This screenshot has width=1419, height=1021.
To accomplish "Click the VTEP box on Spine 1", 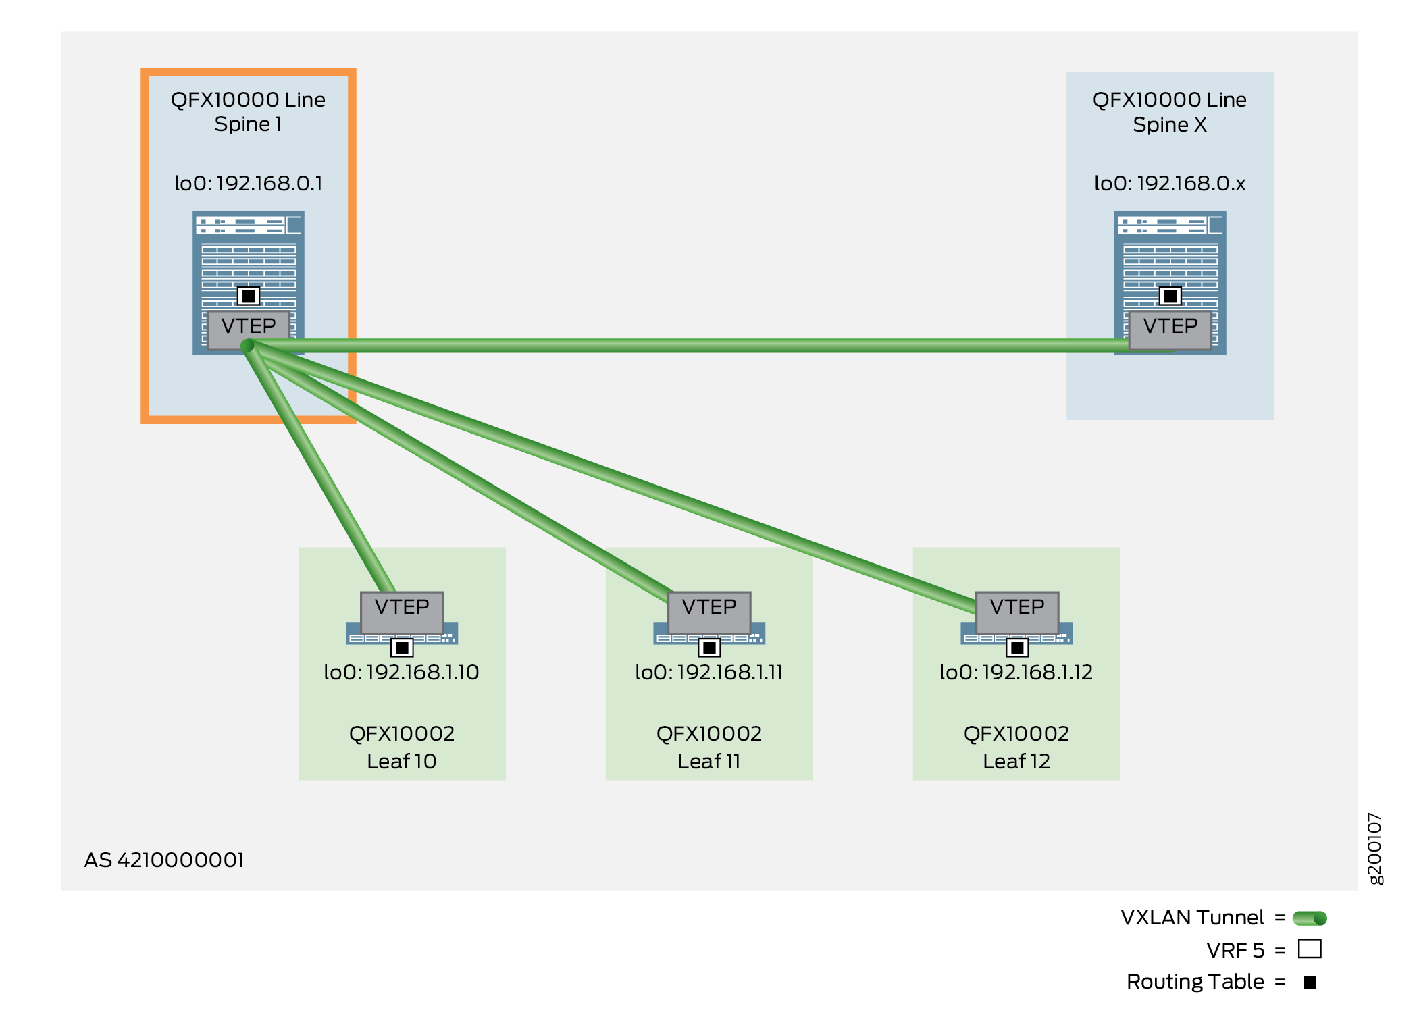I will [x=249, y=327].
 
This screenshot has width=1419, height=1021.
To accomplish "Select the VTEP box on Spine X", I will [x=1170, y=328].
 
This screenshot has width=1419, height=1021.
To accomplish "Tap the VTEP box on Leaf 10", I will [x=402, y=608].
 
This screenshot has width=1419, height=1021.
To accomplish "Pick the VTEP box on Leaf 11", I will [x=709, y=608].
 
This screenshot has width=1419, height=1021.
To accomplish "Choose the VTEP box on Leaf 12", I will [x=1016, y=608].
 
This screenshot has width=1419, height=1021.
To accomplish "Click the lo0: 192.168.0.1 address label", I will [x=249, y=184].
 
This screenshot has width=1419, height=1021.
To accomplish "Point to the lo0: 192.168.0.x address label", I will [x=1170, y=184].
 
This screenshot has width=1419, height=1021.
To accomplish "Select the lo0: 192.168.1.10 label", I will [x=401, y=673].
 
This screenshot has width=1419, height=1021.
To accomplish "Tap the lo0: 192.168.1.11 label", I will [x=709, y=673].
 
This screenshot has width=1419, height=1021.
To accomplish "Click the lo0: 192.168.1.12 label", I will [x=1016, y=673].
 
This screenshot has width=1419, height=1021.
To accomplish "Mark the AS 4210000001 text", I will [x=164, y=860].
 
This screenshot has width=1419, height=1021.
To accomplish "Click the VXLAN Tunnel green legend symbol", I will [x=1310, y=918].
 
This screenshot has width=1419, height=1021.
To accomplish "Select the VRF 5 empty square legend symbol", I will [x=1310, y=949].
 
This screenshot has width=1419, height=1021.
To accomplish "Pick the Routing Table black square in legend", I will [x=1310, y=983].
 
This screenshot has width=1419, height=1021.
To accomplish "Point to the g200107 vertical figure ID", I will [x=1375, y=848].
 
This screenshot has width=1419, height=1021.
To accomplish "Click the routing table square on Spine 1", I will [x=249, y=296].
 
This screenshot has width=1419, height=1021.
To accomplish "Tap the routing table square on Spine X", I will [x=1170, y=296].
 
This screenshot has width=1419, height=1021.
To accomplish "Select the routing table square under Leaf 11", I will [x=709, y=648].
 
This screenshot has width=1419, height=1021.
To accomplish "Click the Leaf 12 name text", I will [x=1016, y=762].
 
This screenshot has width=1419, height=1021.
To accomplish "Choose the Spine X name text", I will [x=1170, y=125].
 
